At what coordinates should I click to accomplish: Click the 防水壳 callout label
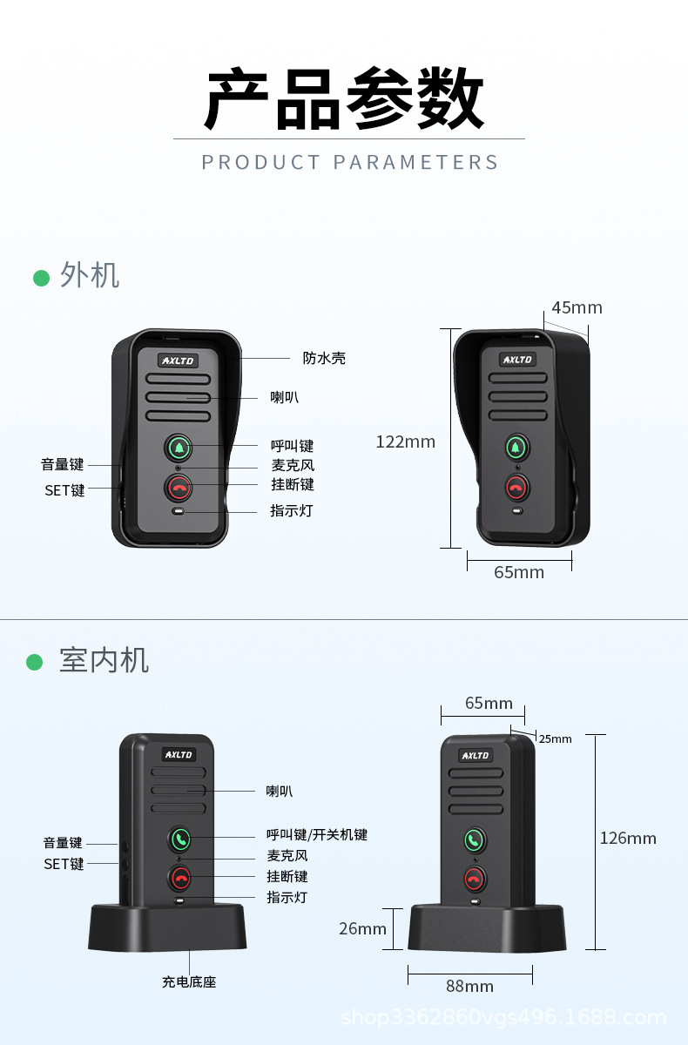click(x=324, y=358)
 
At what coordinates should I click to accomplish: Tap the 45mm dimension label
click(x=577, y=307)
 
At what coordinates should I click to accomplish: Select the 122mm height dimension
click(x=405, y=442)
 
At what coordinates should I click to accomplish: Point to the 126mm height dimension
click(x=628, y=838)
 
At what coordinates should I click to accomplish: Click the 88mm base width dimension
click(x=469, y=986)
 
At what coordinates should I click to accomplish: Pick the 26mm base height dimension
click(x=362, y=928)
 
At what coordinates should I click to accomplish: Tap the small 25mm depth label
click(x=555, y=738)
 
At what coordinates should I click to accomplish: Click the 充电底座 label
click(x=189, y=981)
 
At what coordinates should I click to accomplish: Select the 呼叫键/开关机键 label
click(x=317, y=834)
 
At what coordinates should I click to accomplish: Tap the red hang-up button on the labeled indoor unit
click(x=180, y=877)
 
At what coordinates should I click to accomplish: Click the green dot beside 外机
click(x=41, y=278)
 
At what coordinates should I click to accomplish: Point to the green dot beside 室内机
click(x=35, y=662)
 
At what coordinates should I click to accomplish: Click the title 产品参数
click(x=344, y=98)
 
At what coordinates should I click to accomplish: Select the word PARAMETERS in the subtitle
click(x=416, y=162)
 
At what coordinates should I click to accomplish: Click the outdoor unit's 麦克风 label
click(x=293, y=465)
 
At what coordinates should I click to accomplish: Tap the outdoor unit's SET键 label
click(x=64, y=490)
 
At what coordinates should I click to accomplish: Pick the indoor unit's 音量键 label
click(x=63, y=843)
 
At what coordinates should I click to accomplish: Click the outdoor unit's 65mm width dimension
click(x=519, y=572)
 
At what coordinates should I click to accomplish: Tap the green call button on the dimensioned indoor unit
click(x=474, y=840)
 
